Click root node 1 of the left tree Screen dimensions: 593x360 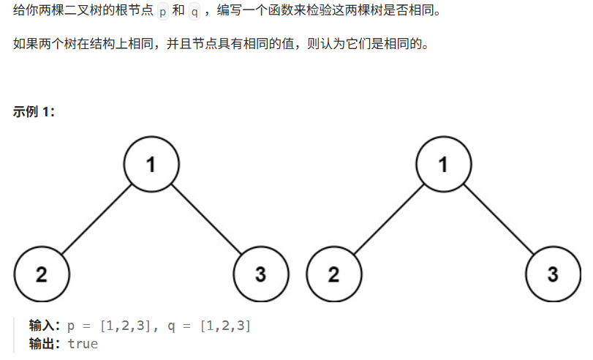151,165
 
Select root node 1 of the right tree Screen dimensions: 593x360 444,165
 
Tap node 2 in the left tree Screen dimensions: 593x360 42,275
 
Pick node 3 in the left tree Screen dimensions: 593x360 261,275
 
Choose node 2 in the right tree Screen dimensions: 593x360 334,275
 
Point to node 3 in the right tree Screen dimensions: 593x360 554,275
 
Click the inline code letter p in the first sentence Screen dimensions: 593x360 162,14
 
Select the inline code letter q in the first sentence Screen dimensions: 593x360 194,14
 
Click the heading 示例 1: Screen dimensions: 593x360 34,112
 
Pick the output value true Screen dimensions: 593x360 83,343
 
